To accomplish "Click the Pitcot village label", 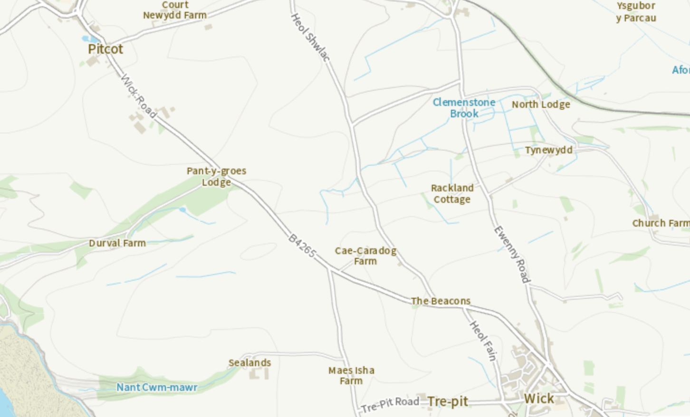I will (105, 49).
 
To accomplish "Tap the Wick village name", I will (539, 398).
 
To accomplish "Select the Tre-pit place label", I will (448, 402).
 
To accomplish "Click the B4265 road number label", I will (302, 246).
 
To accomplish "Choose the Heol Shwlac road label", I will (310, 38).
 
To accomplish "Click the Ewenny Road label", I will (512, 255).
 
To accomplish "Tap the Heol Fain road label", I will (483, 341).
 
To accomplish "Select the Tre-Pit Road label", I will (390, 404).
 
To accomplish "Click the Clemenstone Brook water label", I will (464, 108).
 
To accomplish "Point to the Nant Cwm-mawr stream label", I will (157, 388).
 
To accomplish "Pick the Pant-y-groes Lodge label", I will (216, 176).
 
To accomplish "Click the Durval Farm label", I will (117, 243).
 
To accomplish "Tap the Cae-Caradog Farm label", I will (365, 256).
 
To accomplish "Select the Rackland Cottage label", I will (452, 194).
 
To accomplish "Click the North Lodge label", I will (541, 104).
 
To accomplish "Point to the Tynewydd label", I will (548, 150).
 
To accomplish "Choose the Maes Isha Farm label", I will (351, 375).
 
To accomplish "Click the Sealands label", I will (249, 363).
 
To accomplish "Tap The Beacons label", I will (441, 301).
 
